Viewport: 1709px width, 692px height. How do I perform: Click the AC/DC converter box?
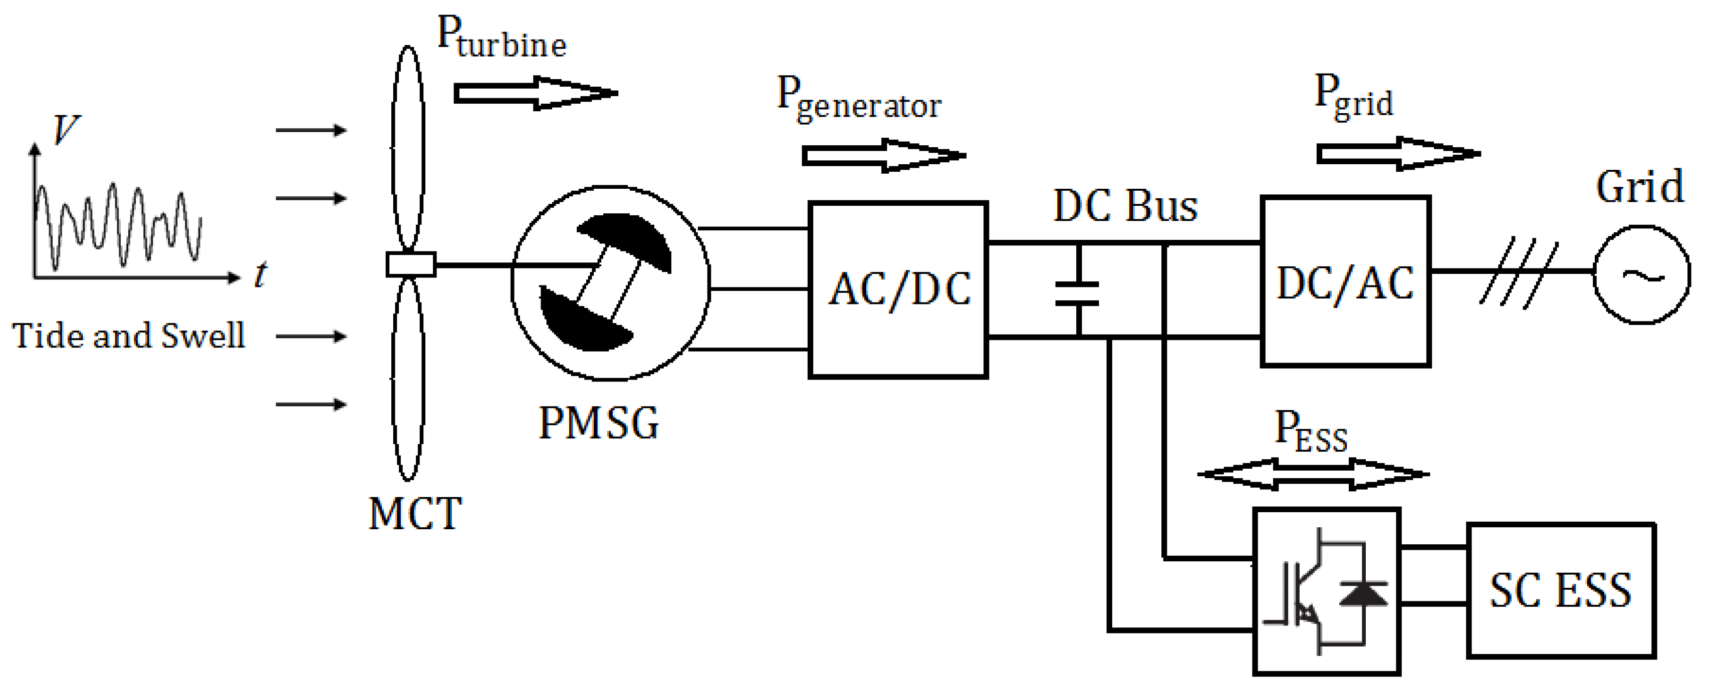click(898, 289)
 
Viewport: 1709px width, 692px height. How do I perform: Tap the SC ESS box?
click(1560, 590)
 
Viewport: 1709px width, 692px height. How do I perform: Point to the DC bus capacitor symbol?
click(1077, 293)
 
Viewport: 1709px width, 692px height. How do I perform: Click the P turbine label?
click(502, 38)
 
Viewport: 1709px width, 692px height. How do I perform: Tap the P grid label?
click(1353, 98)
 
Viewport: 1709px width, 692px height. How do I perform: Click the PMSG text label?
click(598, 423)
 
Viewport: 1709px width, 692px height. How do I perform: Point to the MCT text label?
click(415, 514)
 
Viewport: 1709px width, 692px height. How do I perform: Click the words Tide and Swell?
click(129, 335)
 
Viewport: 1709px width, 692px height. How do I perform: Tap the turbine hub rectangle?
click(411, 264)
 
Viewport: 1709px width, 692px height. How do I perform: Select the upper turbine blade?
click(408, 147)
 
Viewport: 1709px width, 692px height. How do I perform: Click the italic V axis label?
click(65, 129)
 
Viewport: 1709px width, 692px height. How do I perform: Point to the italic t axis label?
click(261, 274)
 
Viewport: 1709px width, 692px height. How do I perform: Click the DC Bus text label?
click(1125, 206)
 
